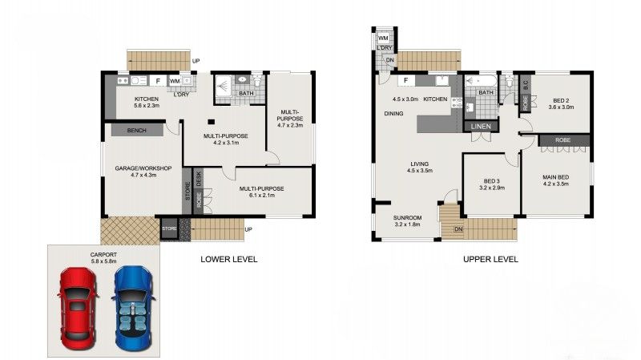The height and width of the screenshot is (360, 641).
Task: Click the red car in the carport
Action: point(77,305)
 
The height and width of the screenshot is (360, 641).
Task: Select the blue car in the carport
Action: point(133,305)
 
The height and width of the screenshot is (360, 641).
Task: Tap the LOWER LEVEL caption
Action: point(228,259)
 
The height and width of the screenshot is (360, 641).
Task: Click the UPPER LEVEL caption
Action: point(490,259)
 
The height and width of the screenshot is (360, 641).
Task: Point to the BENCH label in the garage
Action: point(134,130)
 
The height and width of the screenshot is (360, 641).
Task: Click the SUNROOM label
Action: point(407,218)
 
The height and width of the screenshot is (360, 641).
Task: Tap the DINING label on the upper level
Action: point(393,114)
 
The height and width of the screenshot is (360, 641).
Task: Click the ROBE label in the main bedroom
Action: point(563,140)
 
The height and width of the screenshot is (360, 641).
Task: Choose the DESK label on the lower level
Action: point(199,178)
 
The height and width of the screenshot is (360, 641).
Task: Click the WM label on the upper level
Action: point(383,37)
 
